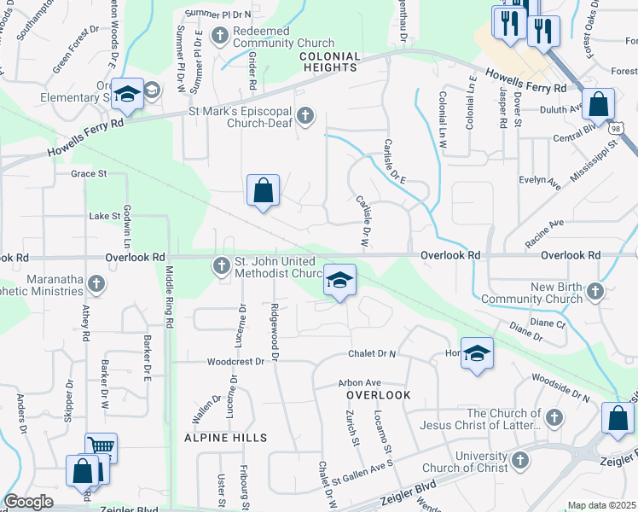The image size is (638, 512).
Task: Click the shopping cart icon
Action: pyautogui.click(x=101, y=445)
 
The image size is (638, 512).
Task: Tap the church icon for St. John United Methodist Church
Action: pyautogui.click(x=221, y=267)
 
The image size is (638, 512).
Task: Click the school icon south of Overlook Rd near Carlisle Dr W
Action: pyautogui.click(x=339, y=280)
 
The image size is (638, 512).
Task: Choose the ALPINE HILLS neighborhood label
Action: pyautogui.click(x=225, y=438)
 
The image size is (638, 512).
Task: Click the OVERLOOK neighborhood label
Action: pyautogui.click(x=378, y=396)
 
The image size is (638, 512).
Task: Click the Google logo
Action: pyautogui.click(x=28, y=502)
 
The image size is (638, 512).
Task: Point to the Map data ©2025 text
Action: pyautogui.click(x=601, y=505)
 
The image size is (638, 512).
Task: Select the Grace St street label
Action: pyautogui.click(x=89, y=173)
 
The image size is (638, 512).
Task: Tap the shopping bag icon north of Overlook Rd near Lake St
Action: pyautogui.click(x=264, y=190)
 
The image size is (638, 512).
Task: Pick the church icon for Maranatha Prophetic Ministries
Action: pyautogui.click(x=96, y=283)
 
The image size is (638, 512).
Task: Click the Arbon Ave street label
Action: pyautogui.click(x=359, y=383)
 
